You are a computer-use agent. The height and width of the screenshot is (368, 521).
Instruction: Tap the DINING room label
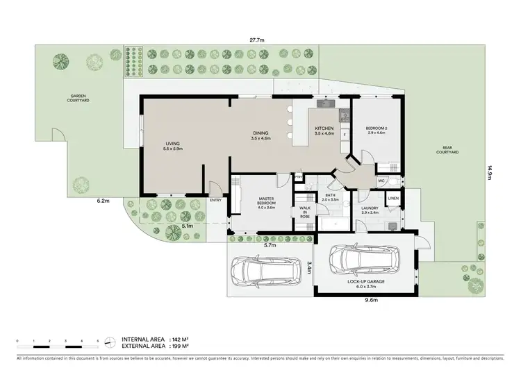click(x=260, y=136)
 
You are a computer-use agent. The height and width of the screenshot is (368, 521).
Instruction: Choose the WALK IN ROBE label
click(x=305, y=212)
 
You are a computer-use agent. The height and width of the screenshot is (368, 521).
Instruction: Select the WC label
click(x=381, y=181)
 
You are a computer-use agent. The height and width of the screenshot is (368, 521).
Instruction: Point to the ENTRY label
click(x=215, y=201)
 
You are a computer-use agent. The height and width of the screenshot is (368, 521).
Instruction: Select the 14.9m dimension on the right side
click(x=489, y=172)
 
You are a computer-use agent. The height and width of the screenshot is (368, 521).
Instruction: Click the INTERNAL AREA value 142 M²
click(x=178, y=337)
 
